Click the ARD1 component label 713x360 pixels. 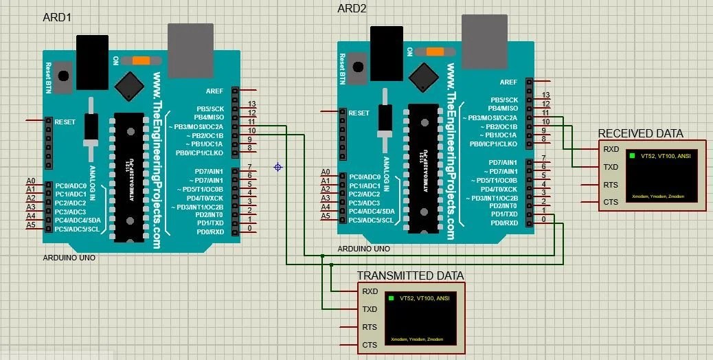(57, 17)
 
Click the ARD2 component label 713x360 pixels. (352, 8)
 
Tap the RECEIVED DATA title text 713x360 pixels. (641, 133)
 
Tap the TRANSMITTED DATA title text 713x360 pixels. (410, 275)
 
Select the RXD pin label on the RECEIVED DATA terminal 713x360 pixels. (611, 149)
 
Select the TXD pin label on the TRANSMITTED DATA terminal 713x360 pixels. (370, 309)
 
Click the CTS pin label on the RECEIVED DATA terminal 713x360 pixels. (611, 202)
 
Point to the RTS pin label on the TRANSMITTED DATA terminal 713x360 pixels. (370, 327)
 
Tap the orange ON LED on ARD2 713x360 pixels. (434, 51)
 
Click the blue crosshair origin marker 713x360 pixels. (278, 167)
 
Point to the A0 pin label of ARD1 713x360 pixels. (30, 181)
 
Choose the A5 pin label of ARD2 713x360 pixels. (326, 216)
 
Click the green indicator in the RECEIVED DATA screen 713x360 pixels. (631, 156)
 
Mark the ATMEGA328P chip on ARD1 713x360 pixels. (129, 177)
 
